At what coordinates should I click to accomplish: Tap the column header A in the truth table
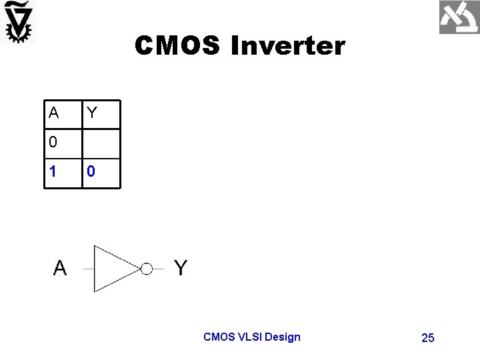click(x=53, y=113)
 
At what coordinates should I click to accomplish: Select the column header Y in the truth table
click(x=92, y=113)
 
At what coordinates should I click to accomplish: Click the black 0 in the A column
click(x=53, y=142)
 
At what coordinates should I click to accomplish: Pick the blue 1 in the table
click(x=53, y=171)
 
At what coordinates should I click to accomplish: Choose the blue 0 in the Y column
click(x=91, y=171)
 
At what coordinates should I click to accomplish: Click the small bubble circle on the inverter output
click(x=147, y=269)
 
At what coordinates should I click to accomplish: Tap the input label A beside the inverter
click(x=60, y=268)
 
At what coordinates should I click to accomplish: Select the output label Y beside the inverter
click(x=181, y=268)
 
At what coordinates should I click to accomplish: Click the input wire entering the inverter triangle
click(x=88, y=269)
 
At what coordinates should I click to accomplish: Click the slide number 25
click(x=428, y=338)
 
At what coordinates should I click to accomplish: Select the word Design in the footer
click(x=283, y=337)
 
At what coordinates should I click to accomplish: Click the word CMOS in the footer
click(x=218, y=337)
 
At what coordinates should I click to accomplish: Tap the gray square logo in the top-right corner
click(x=459, y=17)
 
